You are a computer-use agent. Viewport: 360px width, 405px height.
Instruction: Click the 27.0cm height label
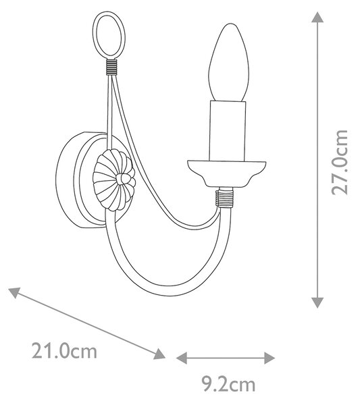point(340,162)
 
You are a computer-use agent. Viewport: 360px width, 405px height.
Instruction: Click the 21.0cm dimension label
point(64,351)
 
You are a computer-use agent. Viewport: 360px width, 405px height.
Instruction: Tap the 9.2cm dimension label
point(228,384)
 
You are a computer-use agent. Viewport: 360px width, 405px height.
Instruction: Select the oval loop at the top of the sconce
point(109,35)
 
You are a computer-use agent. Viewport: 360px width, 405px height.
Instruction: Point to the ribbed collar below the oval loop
point(111,67)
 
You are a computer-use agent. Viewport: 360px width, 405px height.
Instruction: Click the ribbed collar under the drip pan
point(224,198)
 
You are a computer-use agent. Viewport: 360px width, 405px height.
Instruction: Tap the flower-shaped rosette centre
point(124,180)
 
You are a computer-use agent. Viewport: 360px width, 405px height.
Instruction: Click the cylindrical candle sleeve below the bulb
point(227,131)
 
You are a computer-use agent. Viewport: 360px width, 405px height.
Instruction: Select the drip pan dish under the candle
point(227,173)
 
